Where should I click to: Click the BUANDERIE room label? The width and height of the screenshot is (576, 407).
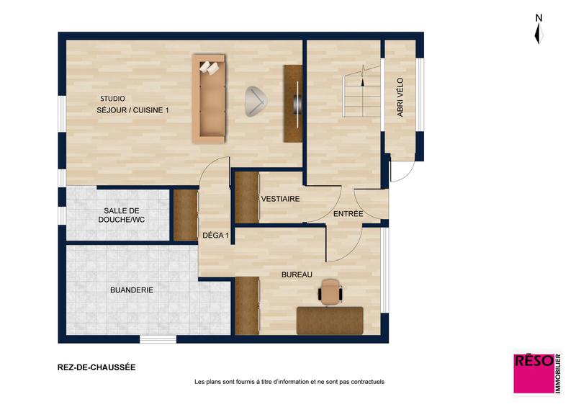click(132, 290)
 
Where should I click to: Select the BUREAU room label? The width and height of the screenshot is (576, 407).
click(296, 274)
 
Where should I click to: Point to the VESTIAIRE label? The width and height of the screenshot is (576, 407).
click(280, 199)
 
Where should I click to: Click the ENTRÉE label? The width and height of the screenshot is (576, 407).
click(348, 215)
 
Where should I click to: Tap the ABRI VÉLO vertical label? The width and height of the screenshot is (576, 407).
click(400, 102)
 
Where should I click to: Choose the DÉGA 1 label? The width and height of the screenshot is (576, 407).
click(215, 235)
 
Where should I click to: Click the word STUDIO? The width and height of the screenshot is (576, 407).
click(112, 99)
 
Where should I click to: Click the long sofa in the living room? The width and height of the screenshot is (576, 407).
click(210, 98)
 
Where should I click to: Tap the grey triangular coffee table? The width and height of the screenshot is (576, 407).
click(254, 101)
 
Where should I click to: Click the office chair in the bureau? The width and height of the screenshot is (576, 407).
click(330, 292)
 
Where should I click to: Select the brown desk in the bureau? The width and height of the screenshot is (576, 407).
click(330, 320)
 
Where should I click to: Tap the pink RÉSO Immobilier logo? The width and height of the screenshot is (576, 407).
click(537, 372)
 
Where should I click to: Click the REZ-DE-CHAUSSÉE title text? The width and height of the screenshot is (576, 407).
click(96, 367)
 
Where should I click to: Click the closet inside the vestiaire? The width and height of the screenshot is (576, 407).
click(246, 197)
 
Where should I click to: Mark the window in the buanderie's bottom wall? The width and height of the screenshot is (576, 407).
click(158, 339)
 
